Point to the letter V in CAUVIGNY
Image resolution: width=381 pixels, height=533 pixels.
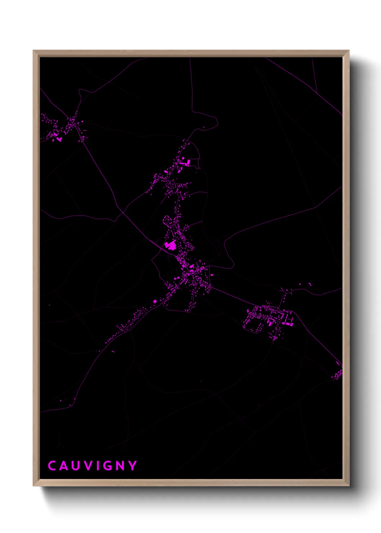click(x=87, y=466)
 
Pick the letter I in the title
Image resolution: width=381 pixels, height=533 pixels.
click(x=97, y=466)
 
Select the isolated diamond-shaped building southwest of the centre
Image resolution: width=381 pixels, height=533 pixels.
click(x=155, y=301)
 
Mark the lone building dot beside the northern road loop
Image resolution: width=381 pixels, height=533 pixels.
click(x=204, y=127)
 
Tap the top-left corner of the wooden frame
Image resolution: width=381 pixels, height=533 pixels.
click(x=33, y=51)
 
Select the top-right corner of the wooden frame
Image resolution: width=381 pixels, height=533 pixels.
click(x=349, y=51)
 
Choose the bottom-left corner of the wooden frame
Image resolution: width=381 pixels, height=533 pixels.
click(x=33, y=485)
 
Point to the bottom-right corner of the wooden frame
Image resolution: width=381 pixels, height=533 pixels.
click(x=349, y=485)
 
